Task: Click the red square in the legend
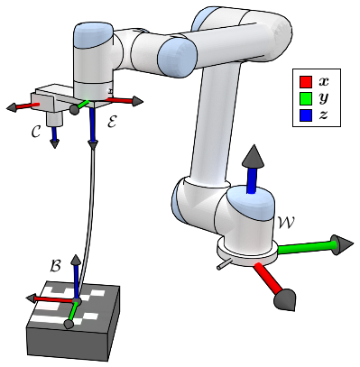[305, 82]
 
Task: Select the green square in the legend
[305, 98]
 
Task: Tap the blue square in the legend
[305, 115]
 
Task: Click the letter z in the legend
[323, 115]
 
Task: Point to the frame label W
[286, 223]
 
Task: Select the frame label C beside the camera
[36, 132]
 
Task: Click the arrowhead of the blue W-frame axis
[254, 156]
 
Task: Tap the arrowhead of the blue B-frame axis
[76, 260]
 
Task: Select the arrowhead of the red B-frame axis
[31, 298]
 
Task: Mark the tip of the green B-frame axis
[69, 325]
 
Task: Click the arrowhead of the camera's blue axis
[54, 143]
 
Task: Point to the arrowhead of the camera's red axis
[12, 107]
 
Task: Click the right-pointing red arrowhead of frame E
[137, 101]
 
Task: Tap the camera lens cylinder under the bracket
[54, 119]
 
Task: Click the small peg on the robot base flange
[224, 264]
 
